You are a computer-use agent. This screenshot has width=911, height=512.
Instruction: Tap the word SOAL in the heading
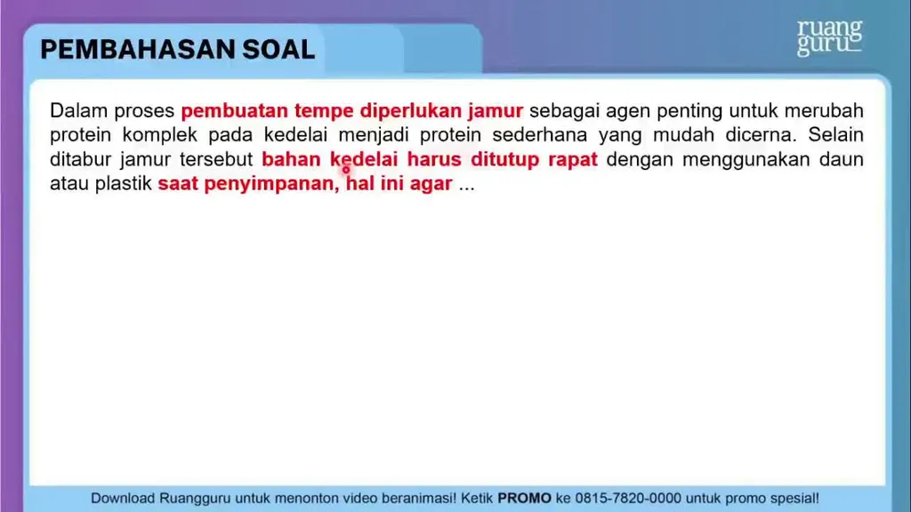pyautogui.click(x=278, y=50)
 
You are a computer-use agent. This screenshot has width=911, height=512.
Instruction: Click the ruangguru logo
pyautogui.click(x=829, y=37)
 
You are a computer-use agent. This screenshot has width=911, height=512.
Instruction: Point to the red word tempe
pyautogui.click(x=324, y=111)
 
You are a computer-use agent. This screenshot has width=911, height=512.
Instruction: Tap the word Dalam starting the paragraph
pyautogui.click(x=78, y=110)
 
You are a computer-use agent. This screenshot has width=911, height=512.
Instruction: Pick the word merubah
pyautogui.click(x=824, y=110)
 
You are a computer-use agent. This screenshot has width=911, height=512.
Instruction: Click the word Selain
pyautogui.click(x=835, y=135)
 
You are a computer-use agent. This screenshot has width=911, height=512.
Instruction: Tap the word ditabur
pyautogui.click(x=80, y=159)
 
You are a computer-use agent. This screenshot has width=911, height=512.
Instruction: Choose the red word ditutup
pyautogui.click(x=505, y=160)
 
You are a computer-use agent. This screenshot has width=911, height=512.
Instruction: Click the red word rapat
pyautogui.click(x=573, y=160)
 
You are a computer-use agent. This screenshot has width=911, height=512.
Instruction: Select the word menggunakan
pyautogui.click(x=746, y=160)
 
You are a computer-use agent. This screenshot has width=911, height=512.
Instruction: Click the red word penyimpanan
pyautogui.click(x=271, y=184)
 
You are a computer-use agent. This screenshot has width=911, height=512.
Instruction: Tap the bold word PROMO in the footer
pyautogui.click(x=524, y=498)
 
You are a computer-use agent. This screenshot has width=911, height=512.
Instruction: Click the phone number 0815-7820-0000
pyautogui.click(x=627, y=498)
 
